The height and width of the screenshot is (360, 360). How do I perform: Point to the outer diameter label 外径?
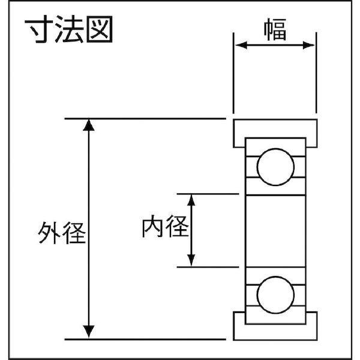point(61,232)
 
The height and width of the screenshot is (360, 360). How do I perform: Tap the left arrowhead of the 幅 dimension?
point(238,45)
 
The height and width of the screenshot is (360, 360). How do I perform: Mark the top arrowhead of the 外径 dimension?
point(89,124)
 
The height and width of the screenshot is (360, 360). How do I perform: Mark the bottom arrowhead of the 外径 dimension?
point(89,332)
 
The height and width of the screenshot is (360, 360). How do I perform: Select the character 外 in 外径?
point(49,232)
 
